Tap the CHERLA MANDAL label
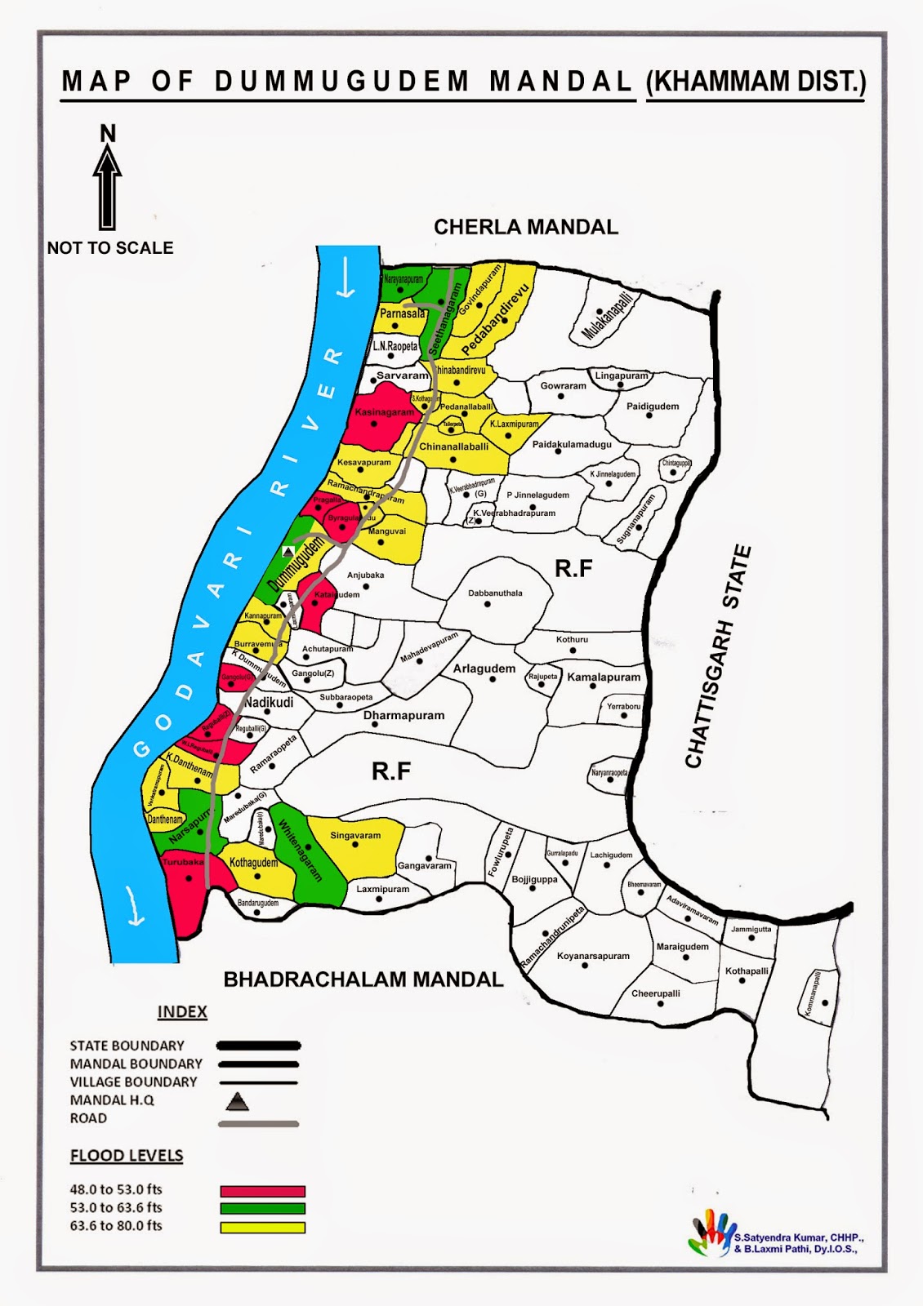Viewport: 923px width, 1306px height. click(x=525, y=227)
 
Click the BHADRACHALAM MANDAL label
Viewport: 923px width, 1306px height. click(x=363, y=979)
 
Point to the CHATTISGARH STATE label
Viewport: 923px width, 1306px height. click(x=717, y=657)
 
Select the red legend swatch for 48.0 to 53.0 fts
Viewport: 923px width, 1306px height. click(x=262, y=1191)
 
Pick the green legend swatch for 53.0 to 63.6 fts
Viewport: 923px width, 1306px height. click(x=262, y=1209)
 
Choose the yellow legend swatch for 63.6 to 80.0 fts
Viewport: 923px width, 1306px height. click(x=262, y=1227)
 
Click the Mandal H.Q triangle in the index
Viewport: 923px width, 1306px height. click(x=237, y=1102)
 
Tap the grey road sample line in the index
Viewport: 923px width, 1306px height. click(x=258, y=1124)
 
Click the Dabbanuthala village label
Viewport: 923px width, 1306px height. click(x=495, y=593)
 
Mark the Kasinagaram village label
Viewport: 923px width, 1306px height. click(x=384, y=412)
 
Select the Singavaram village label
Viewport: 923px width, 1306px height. click(x=355, y=835)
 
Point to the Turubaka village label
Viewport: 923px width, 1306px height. click(x=183, y=862)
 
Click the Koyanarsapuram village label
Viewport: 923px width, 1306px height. click(x=593, y=956)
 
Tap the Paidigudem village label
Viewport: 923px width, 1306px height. click(x=653, y=406)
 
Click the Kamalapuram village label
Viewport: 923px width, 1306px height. click(x=604, y=677)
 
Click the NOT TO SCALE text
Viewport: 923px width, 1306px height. click(x=110, y=248)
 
